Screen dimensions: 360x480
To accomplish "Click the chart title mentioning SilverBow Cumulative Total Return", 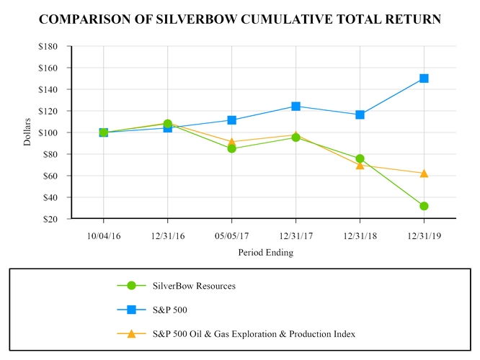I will coord(239,19).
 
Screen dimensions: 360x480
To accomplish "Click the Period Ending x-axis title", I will coord(266,253).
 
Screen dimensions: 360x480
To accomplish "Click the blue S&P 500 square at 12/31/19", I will coord(424,78).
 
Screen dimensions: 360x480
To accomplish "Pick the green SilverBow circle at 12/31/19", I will coord(424,206).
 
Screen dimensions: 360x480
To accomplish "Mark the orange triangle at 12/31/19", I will coord(424,173).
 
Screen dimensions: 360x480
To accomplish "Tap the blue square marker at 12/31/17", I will coord(295,106).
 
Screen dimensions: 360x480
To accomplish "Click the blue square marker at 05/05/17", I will coord(231,120).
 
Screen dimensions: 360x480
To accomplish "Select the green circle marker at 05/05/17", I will coord(231,148).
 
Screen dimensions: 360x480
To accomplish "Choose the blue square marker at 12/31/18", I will coord(360,114).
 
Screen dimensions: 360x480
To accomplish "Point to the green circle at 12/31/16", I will coord(168,124).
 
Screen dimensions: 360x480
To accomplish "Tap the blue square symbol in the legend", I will coord(131,310).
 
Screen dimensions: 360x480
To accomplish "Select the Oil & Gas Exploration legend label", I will coord(254,334).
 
